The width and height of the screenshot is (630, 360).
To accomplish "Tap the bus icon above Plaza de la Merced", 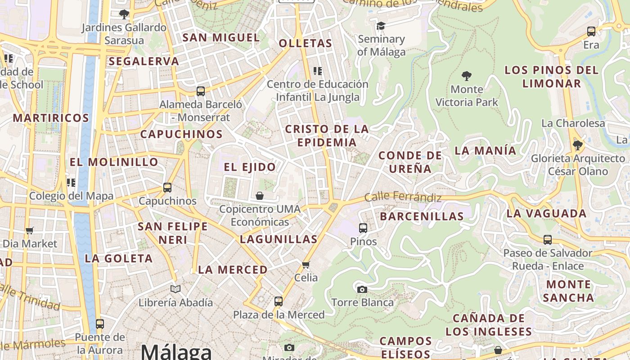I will (x=279, y=301).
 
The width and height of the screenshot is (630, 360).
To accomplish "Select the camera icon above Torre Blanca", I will (x=362, y=289).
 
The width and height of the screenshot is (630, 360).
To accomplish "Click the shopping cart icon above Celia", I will (x=306, y=264).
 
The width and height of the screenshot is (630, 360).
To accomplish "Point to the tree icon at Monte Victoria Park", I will (x=466, y=76).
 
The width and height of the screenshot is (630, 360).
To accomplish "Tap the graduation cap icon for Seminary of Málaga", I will (x=381, y=26).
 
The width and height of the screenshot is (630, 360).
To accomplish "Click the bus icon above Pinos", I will (x=363, y=228).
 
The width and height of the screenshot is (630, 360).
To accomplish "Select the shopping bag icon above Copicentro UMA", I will (x=260, y=196).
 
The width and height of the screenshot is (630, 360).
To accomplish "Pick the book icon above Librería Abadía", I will (x=175, y=289).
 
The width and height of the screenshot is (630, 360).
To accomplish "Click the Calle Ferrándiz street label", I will (x=403, y=197).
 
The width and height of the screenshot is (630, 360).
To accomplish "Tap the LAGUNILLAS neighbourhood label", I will (x=279, y=239).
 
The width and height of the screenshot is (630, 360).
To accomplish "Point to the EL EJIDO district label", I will (x=250, y=167).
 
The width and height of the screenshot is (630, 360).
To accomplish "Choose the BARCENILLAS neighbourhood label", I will (x=422, y=216).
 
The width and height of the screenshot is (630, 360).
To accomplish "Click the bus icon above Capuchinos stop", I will (x=167, y=187).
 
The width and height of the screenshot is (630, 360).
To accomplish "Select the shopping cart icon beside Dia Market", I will (x=30, y=230).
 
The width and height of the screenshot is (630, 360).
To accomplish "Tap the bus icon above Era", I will (x=591, y=31).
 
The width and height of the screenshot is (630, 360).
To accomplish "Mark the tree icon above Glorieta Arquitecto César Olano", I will (x=577, y=145).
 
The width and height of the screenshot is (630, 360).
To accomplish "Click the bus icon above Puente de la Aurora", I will (x=100, y=324).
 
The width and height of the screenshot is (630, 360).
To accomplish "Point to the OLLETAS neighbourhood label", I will (x=306, y=43).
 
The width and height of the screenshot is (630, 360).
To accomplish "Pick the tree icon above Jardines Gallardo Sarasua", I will (x=124, y=14).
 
